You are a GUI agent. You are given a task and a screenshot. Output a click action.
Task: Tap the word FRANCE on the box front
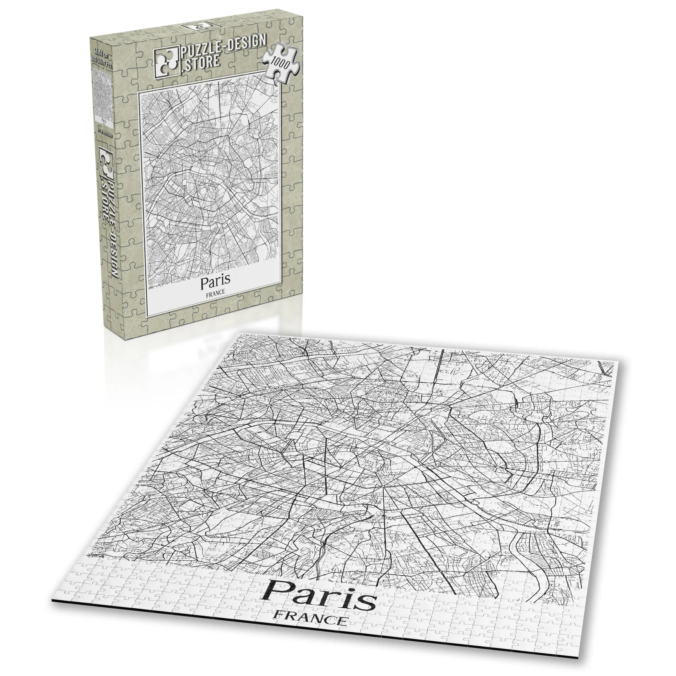pyautogui.click(x=215, y=295)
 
